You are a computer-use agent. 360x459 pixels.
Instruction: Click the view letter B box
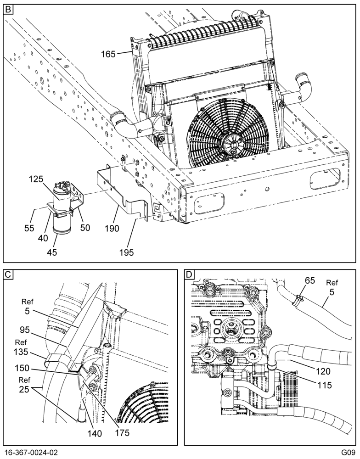click(8, 9)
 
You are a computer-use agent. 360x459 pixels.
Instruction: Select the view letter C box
click(8, 274)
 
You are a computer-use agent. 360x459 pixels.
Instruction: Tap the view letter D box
click(190, 274)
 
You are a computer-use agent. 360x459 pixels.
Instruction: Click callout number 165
click(108, 54)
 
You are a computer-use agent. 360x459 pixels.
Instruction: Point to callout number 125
click(36, 179)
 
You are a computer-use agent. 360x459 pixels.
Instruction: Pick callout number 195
click(126, 252)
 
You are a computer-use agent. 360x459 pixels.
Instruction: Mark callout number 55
click(29, 228)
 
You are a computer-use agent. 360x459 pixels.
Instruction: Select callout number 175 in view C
click(122, 432)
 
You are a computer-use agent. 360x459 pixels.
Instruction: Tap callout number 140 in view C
click(94, 433)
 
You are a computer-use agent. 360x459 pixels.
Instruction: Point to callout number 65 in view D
click(309, 280)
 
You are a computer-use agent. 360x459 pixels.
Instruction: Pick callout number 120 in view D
click(323, 371)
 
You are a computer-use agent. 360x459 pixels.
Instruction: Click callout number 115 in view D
click(325, 385)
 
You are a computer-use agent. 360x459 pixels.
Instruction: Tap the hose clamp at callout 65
click(298, 299)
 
